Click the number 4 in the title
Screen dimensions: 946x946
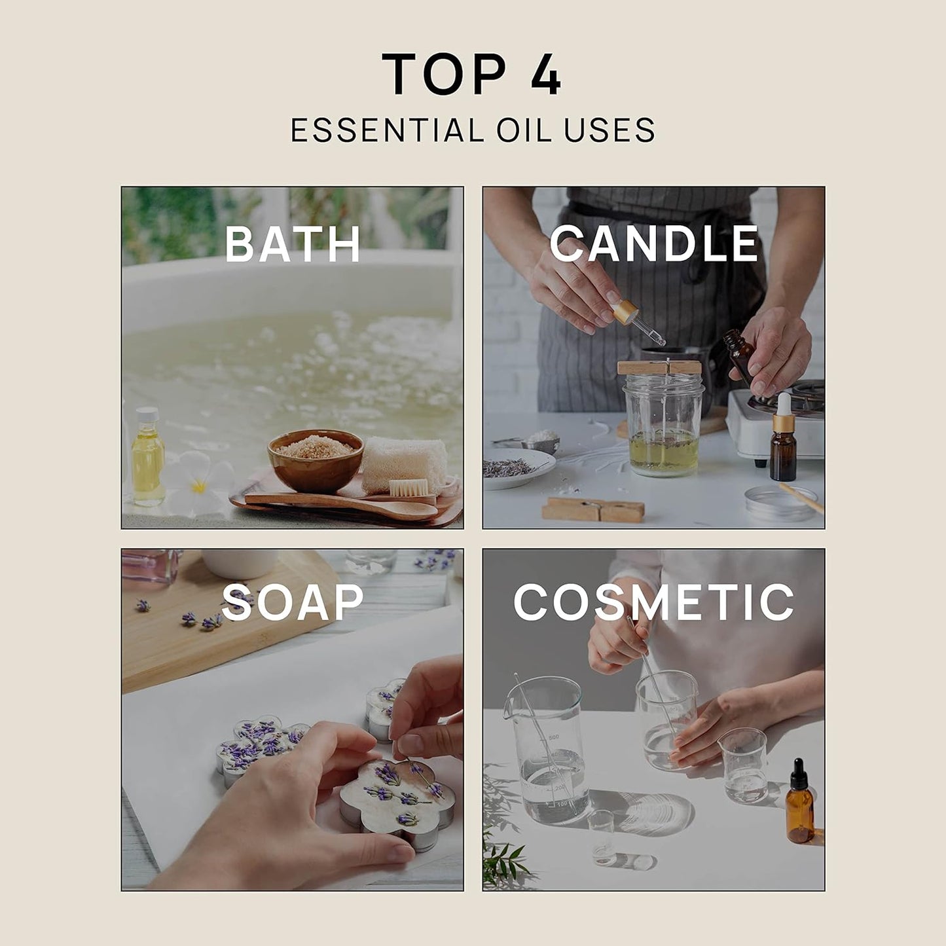(543, 74)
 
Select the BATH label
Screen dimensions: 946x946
(293, 244)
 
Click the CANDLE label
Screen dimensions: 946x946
(653, 244)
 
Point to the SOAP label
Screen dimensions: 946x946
(293, 602)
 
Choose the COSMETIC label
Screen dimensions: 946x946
(653, 602)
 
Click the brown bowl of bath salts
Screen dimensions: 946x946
(315, 460)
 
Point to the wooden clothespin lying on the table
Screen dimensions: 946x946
(592, 509)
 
